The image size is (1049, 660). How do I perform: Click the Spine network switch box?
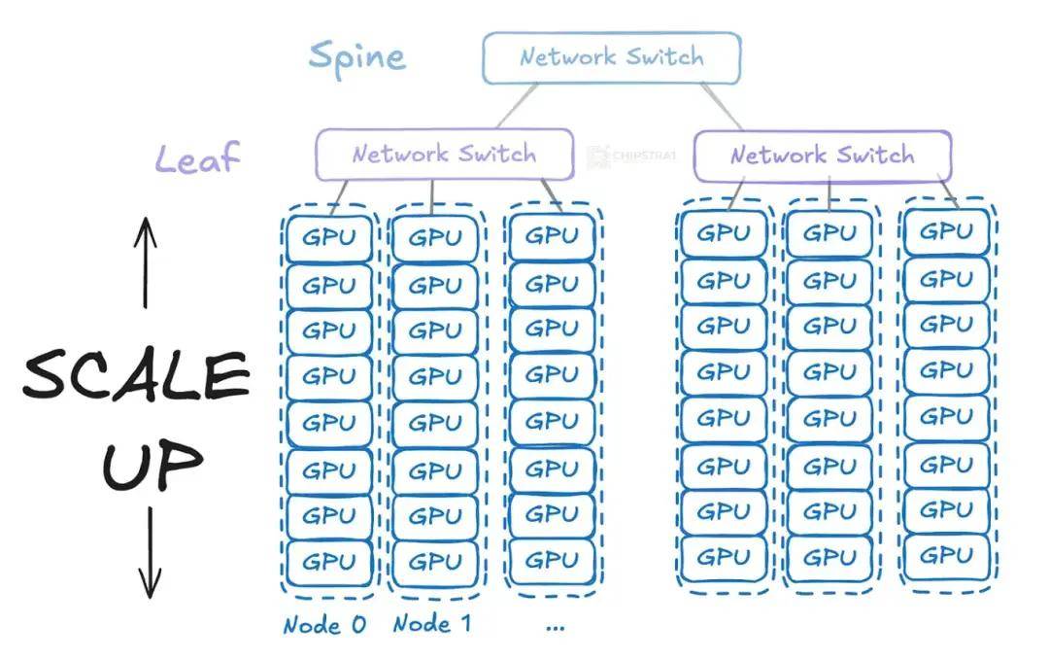pyautogui.click(x=612, y=58)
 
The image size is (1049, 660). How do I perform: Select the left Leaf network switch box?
pyautogui.click(x=445, y=155)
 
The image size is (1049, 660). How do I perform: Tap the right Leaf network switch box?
pyautogui.click(x=823, y=156)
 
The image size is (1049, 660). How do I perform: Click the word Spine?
pyautogui.click(x=357, y=58)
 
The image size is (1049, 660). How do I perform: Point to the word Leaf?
pyautogui.click(x=197, y=158)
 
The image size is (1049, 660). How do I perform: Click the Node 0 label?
pyautogui.click(x=324, y=625)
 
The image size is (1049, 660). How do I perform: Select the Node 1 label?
pyautogui.click(x=432, y=624)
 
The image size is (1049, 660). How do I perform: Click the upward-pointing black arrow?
pyautogui.click(x=145, y=262)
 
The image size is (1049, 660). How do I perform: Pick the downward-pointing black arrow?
pyautogui.click(x=150, y=552)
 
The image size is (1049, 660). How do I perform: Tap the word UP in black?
pyautogui.click(x=152, y=464)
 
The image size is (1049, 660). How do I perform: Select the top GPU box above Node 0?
pyautogui.click(x=329, y=238)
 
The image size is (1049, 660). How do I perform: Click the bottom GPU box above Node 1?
pyautogui.click(x=435, y=562)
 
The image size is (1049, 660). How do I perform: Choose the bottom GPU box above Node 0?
pyautogui.click(x=329, y=562)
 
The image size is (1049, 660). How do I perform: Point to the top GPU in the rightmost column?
pyautogui.click(x=947, y=231)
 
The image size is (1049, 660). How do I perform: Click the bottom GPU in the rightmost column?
pyautogui.click(x=947, y=556)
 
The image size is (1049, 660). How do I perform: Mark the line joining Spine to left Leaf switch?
pyautogui.click(x=517, y=106)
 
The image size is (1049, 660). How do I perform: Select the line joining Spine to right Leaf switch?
pyautogui.click(x=722, y=106)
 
